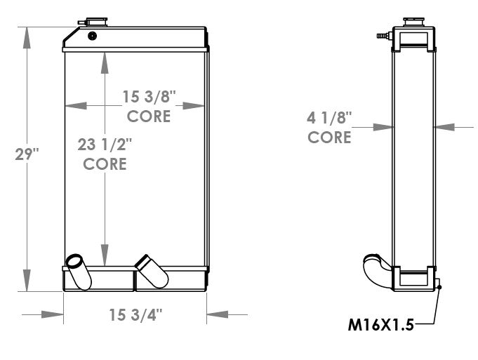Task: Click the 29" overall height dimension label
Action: click(27, 154)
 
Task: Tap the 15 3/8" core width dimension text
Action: click(149, 97)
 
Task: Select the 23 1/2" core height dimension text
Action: click(105, 145)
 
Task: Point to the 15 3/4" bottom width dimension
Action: click(135, 314)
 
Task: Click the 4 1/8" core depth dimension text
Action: click(329, 118)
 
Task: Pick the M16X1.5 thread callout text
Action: click(380, 325)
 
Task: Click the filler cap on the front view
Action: click(97, 22)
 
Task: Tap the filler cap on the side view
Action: click(413, 22)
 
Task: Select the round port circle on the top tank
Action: click(93, 36)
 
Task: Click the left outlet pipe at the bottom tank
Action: click(79, 272)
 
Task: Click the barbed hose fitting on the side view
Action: click(383, 36)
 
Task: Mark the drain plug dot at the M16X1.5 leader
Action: click(439, 287)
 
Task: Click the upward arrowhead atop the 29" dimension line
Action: click(27, 38)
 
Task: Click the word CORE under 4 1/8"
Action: click(329, 137)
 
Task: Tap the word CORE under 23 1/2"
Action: click(105, 164)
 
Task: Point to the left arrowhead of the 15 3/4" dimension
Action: click(53, 314)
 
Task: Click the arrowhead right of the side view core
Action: click(445, 127)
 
